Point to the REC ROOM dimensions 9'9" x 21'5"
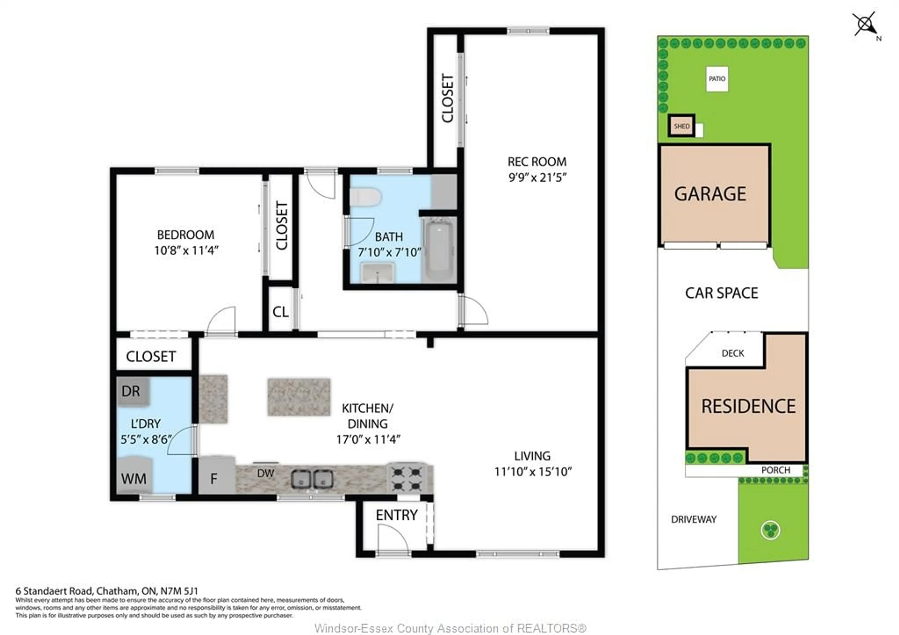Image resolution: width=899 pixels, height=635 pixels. click(537, 178)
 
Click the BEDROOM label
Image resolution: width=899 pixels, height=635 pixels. click(186, 235)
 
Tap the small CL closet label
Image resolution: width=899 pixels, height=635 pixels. click(280, 312)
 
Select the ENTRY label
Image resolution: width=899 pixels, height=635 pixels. click(396, 515)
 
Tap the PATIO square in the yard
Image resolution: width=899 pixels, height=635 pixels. click(717, 79)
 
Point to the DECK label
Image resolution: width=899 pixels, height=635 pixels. click(733, 353)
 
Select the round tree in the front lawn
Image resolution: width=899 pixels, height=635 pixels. click(770, 530)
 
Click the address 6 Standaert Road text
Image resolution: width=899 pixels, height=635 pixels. click(107, 591)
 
